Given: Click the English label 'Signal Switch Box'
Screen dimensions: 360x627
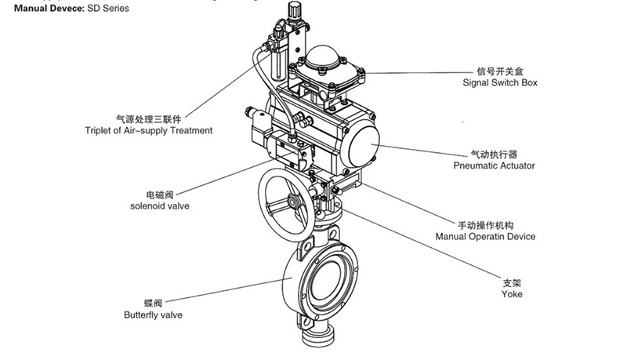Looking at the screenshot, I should click(500, 82).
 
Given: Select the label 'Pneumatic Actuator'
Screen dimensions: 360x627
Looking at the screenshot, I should click(494, 165).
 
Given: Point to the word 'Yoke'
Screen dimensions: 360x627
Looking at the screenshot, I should click(512, 294).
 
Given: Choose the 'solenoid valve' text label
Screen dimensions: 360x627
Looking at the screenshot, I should click(159, 206).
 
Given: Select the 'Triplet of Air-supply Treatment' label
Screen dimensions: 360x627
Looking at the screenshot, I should click(148, 131).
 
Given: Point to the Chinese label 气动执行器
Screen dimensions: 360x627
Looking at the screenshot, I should click(494, 154).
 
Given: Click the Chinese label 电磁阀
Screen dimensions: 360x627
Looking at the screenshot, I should click(159, 195).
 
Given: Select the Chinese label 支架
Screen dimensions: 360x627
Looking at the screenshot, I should click(512, 282).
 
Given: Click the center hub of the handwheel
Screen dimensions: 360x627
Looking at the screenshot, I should click(294, 200).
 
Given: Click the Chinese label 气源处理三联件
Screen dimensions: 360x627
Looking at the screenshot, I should click(148, 118).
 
